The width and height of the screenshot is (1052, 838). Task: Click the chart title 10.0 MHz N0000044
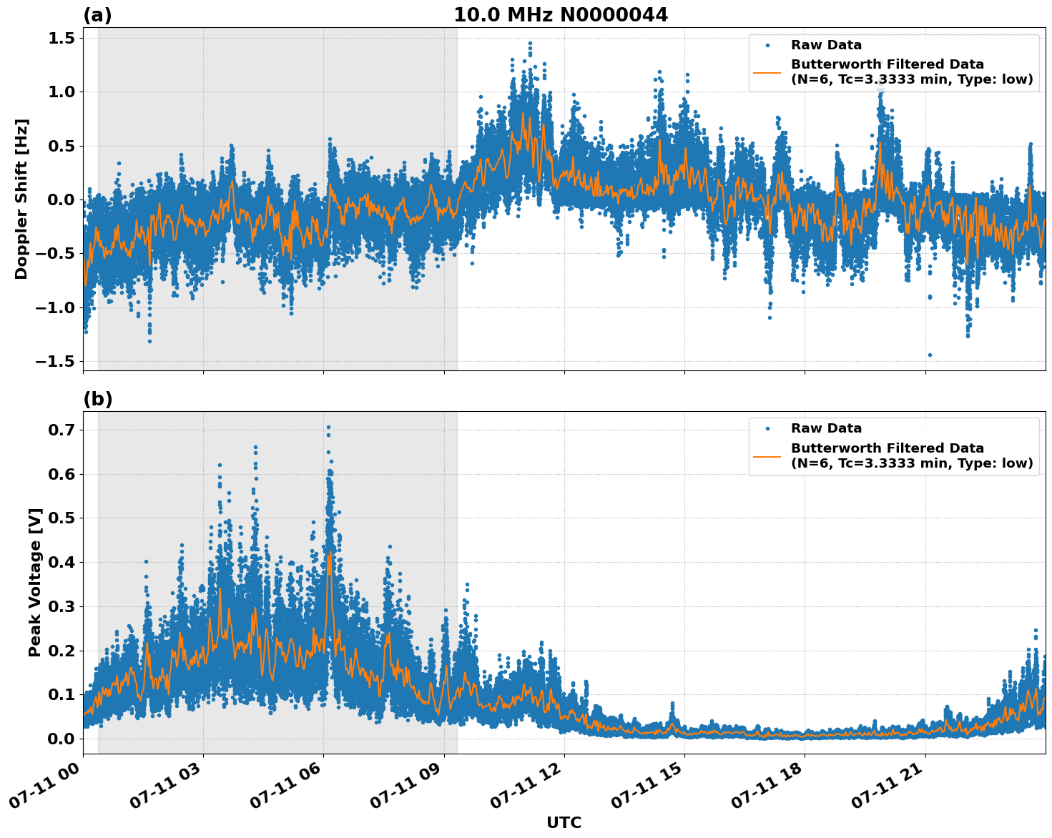tap(560, 15)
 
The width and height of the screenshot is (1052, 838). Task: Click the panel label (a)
tap(97, 15)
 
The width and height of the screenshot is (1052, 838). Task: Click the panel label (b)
tap(97, 399)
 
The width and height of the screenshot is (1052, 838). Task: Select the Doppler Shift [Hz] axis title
tap(21, 199)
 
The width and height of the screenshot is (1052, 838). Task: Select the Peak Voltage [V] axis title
tap(34, 582)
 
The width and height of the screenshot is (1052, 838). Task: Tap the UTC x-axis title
tap(564, 822)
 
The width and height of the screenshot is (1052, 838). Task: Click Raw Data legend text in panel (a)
tap(826, 45)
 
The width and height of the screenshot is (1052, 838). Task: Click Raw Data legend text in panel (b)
tap(826, 428)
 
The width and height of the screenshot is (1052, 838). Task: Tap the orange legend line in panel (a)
tap(767, 72)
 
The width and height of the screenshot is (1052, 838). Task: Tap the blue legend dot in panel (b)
tap(767, 428)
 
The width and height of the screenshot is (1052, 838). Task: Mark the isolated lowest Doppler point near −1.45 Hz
tap(930, 355)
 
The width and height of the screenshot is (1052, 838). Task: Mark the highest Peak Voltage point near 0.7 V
tap(328, 427)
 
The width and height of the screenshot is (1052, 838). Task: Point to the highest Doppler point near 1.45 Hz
tap(530, 43)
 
